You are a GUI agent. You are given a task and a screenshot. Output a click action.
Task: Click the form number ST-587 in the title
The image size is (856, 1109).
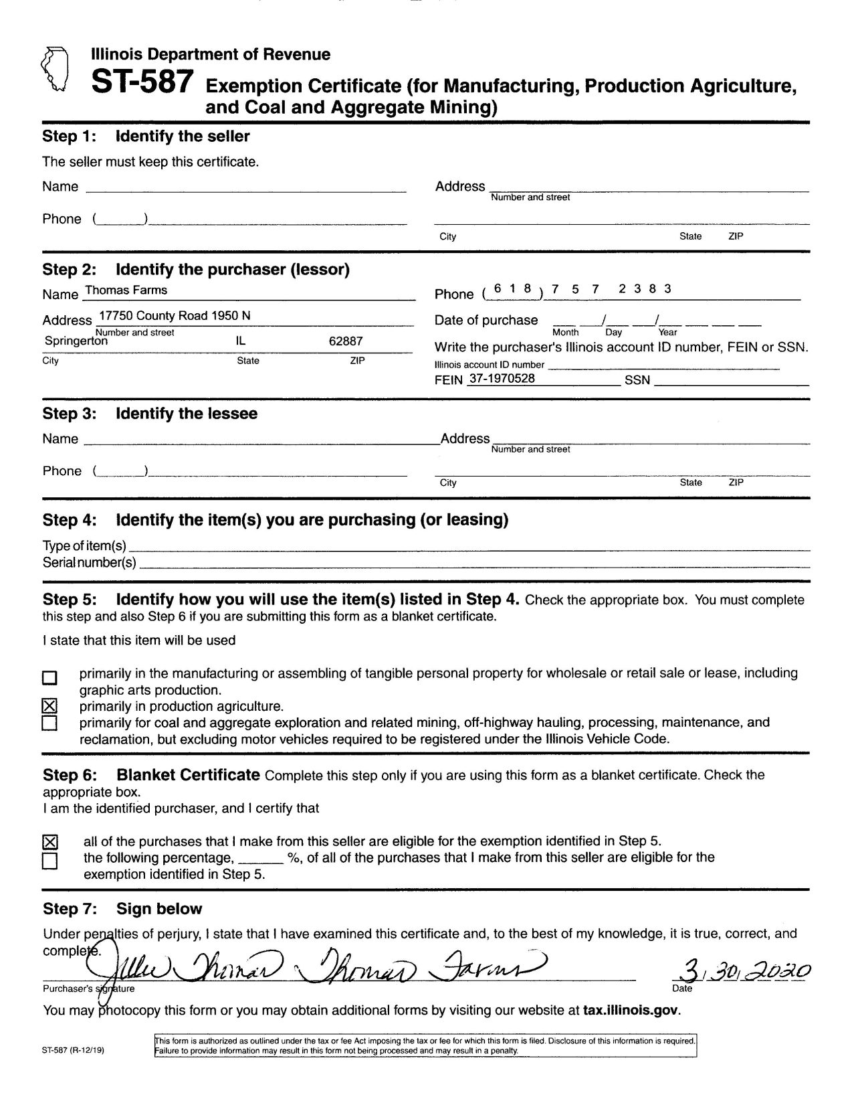[x=142, y=82]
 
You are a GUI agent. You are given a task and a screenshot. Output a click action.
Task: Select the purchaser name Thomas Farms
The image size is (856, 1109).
[x=126, y=290]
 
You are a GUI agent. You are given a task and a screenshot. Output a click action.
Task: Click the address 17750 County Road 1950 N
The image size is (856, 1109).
[x=175, y=316]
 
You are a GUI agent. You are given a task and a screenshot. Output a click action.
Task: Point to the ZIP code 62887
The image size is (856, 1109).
[x=346, y=341]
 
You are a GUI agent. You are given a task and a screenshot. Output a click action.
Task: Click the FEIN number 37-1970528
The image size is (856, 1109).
[x=502, y=378]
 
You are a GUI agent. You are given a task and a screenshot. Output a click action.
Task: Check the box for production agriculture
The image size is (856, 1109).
[x=49, y=706]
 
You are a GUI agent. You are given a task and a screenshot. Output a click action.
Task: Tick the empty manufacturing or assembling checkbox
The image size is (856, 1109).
[x=49, y=678]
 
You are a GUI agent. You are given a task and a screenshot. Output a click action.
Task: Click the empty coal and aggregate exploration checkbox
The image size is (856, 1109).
[x=49, y=723]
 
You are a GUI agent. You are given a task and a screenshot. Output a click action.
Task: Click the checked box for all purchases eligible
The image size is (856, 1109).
[x=50, y=842]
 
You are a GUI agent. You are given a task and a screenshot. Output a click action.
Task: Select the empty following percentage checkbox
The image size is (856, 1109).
[x=50, y=861]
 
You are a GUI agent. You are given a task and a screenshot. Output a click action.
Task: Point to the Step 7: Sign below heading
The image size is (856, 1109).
[x=122, y=909]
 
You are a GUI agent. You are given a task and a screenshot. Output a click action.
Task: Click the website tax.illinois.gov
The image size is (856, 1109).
[x=631, y=1010]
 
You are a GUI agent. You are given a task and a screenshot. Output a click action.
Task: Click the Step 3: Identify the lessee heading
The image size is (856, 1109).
[x=150, y=414]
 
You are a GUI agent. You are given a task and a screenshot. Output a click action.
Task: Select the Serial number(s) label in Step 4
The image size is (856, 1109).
[x=90, y=563]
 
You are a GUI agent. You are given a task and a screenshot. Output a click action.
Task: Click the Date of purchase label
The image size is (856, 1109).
[x=486, y=320]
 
